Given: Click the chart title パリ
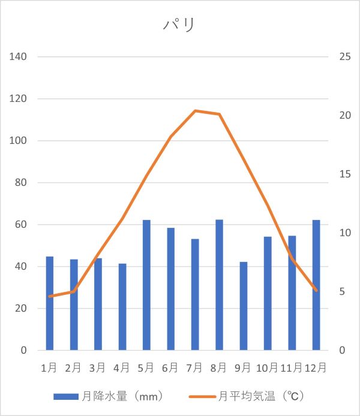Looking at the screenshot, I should [x=179, y=25].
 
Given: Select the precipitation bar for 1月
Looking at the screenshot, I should [x=50, y=303].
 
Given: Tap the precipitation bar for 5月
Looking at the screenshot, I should [x=146, y=285].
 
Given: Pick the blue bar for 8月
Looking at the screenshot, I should [x=219, y=285].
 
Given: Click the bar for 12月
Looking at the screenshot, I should [x=316, y=285].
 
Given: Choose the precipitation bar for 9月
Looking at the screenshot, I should [x=243, y=306].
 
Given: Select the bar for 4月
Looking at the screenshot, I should [x=122, y=307].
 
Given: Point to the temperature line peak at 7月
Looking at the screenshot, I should [x=195, y=110].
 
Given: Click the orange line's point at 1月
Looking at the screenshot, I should [x=50, y=296].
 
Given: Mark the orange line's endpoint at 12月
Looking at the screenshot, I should [x=316, y=290].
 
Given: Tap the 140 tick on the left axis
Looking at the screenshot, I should [x=20, y=57].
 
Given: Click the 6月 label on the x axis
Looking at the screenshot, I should [x=170, y=367].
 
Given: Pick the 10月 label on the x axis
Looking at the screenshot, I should [x=267, y=367].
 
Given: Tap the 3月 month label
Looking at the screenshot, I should [x=98, y=367].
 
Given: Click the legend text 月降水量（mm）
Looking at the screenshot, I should [x=123, y=396].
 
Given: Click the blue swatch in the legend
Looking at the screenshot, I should [x=66, y=396].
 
